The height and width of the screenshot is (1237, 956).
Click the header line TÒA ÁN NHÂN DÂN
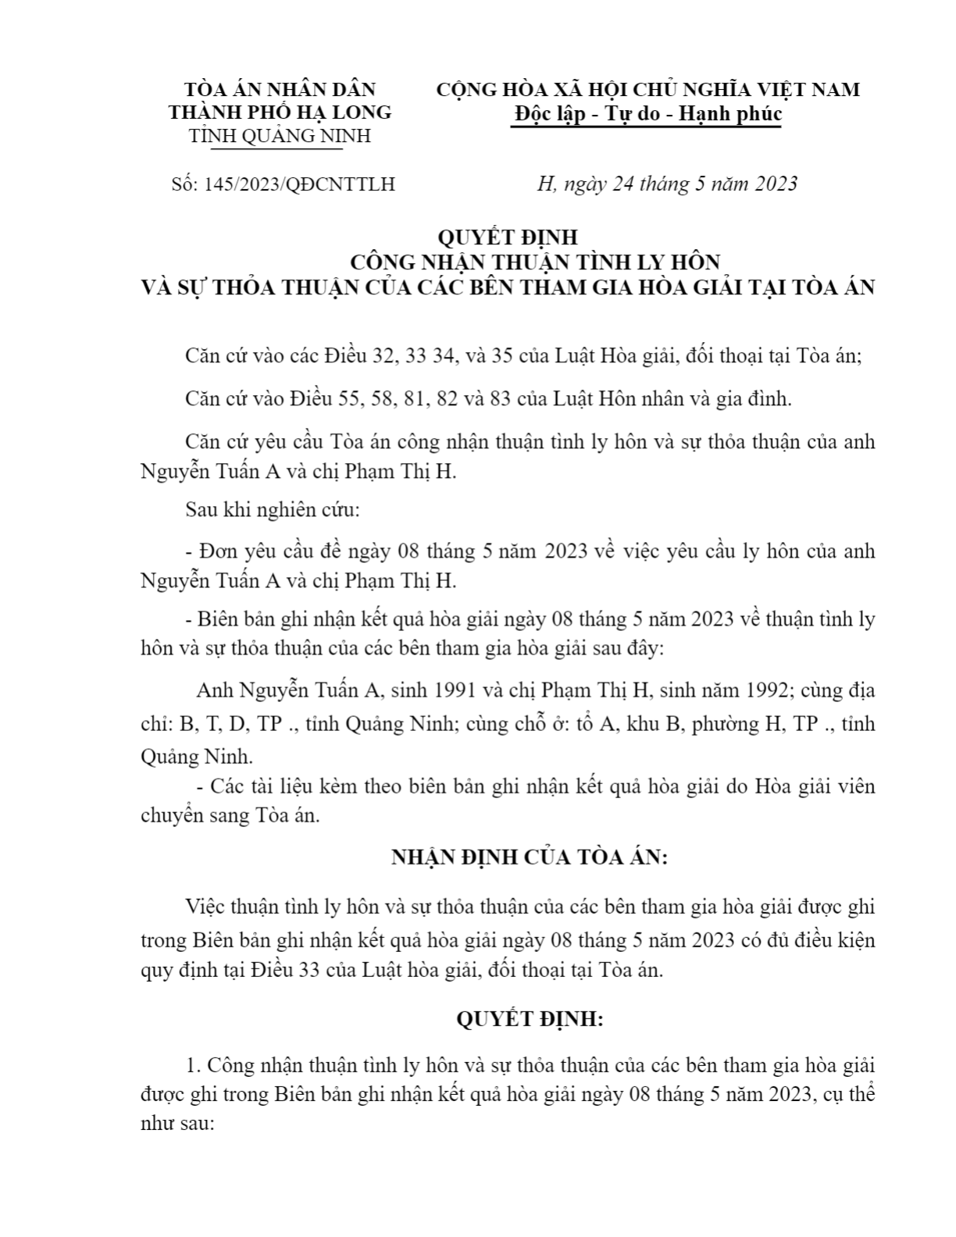point(280,89)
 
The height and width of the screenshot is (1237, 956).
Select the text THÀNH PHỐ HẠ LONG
point(280,112)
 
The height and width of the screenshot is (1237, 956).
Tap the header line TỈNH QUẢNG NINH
point(280,136)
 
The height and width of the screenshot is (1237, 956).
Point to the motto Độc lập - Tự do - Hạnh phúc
point(647,114)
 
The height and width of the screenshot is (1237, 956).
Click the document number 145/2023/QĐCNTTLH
point(299,185)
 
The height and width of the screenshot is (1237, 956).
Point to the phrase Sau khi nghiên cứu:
point(273,511)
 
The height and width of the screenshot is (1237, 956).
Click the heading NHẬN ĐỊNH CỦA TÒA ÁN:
point(530,857)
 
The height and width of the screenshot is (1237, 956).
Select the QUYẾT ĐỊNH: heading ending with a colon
point(530,1020)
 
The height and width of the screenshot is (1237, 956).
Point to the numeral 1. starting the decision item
point(194,1065)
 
